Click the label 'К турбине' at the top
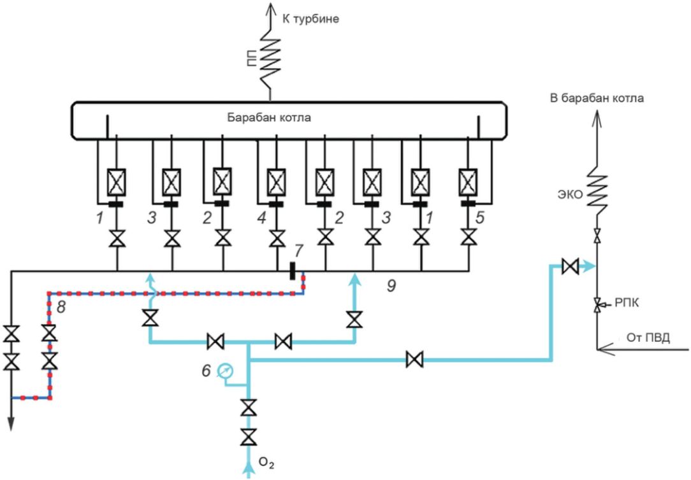(x=310, y=19)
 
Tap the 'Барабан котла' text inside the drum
(x=269, y=118)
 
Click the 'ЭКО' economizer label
(x=571, y=194)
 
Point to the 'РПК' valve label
(x=627, y=302)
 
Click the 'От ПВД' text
(x=648, y=338)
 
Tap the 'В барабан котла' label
(x=597, y=98)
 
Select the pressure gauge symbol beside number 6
(x=226, y=371)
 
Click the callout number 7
(x=298, y=251)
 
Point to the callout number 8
(x=61, y=307)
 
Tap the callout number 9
(x=391, y=286)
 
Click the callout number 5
(x=479, y=217)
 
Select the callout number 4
(x=262, y=217)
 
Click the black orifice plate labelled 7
(x=292, y=271)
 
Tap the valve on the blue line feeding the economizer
(x=571, y=266)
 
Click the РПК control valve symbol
(x=597, y=304)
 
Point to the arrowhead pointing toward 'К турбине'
(x=270, y=9)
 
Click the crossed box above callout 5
(x=469, y=182)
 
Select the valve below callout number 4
(x=277, y=239)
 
